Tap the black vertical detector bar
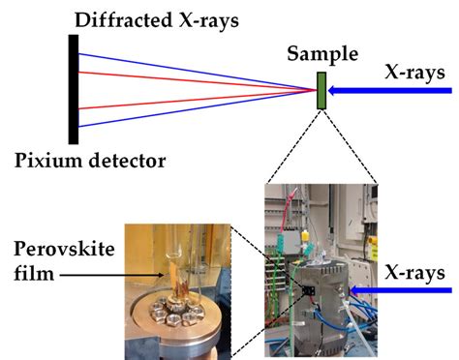(x=74, y=89)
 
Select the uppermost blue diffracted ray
(x=194, y=70)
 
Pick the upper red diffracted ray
(x=194, y=80)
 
